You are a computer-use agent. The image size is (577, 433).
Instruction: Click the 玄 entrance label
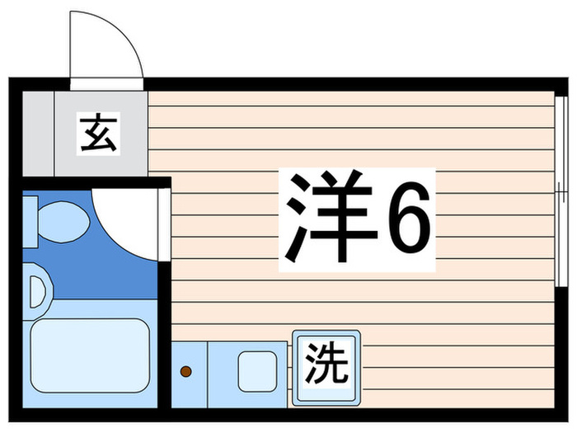98,134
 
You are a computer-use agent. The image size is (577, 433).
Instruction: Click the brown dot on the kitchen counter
185,372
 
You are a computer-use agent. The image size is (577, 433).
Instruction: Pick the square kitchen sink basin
258,371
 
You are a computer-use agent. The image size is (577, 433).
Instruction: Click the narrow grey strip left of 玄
37,134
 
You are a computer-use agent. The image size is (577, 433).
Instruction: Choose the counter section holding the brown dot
190,372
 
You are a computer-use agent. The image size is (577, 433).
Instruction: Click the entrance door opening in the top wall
106,83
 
